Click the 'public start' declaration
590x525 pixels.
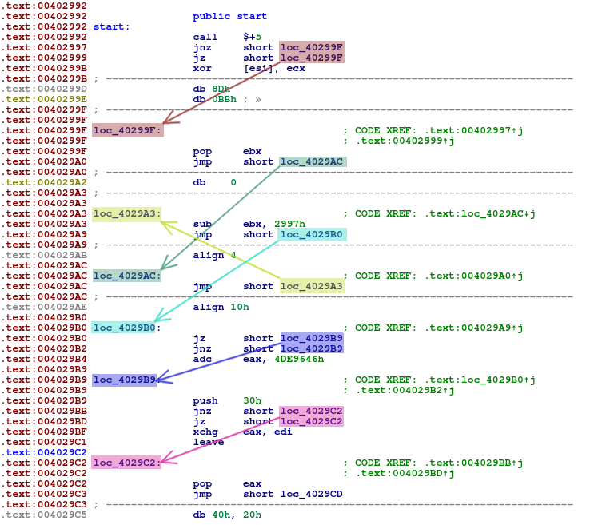coord(230,16)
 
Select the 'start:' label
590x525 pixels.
coord(111,26)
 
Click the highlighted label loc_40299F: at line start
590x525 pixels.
coord(128,130)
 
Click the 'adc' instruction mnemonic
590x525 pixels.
coord(204,359)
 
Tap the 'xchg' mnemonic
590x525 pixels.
coord(205,431)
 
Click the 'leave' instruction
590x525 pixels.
coord(208,441)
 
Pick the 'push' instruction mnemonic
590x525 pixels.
coord(205,400)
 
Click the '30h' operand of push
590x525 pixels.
coord(252,400)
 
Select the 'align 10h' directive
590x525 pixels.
coord(221,307)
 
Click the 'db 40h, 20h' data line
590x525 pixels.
coord(227,515)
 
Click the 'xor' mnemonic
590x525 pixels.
coord(202,68)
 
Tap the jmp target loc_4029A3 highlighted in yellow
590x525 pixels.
coord(312,286)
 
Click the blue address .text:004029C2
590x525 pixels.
coord(44,451)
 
